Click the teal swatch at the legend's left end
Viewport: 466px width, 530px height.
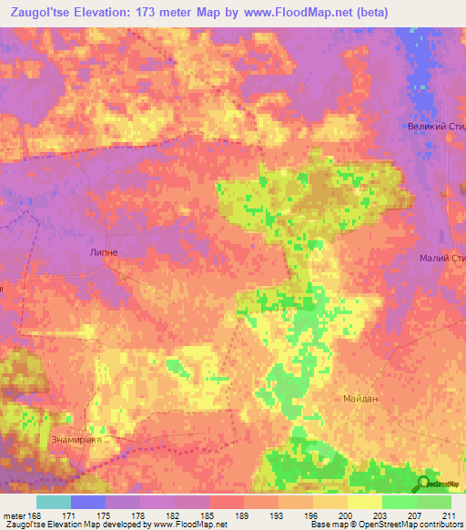pyautogui.click(x=54, y=502)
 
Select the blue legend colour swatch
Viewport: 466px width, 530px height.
pyautogui.click(x=88, y=502)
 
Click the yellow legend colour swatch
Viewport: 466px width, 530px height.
pyautogui.click(x=365, y=502)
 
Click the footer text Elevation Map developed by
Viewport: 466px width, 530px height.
pyautogui.click(x=100, y=525)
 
